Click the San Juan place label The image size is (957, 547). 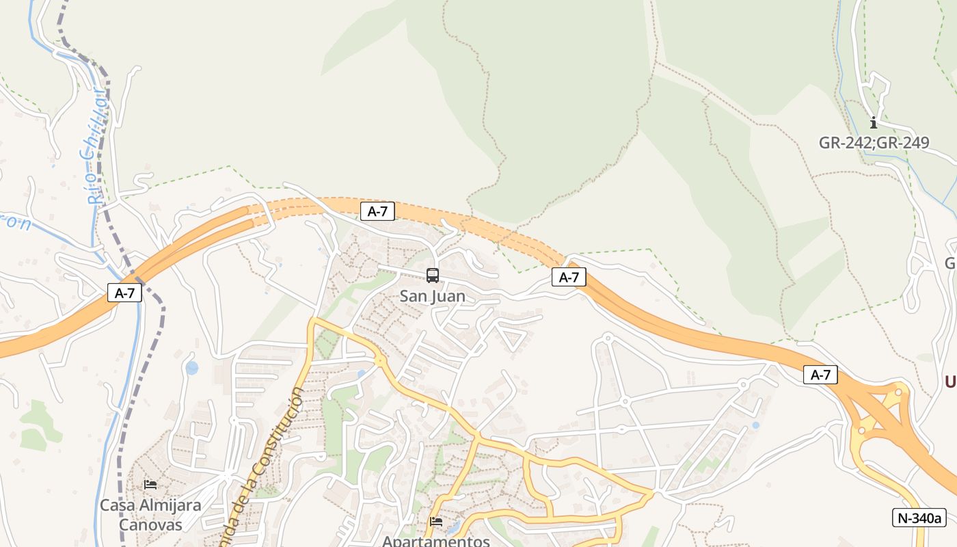[432, 296]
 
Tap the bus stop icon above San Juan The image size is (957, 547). [433, 276]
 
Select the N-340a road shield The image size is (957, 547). [919, 518]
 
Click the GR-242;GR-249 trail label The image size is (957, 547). [874, 143]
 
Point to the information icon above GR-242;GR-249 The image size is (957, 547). [873, 123]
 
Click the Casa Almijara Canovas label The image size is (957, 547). [150, 515]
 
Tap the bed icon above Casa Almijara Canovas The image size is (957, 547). [150, 485]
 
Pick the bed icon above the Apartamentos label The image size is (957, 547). [436, 522]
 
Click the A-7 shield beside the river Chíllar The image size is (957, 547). [124, 293]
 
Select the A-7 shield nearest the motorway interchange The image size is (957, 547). [820, 375]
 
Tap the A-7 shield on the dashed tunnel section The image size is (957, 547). [377, 211]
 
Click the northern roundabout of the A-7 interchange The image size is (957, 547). [897, 392]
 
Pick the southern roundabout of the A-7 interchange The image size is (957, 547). [861, 429]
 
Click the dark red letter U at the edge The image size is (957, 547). [949, 382]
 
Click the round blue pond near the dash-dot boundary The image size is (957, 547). [192, 368]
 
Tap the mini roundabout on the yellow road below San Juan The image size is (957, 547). [379, 361]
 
